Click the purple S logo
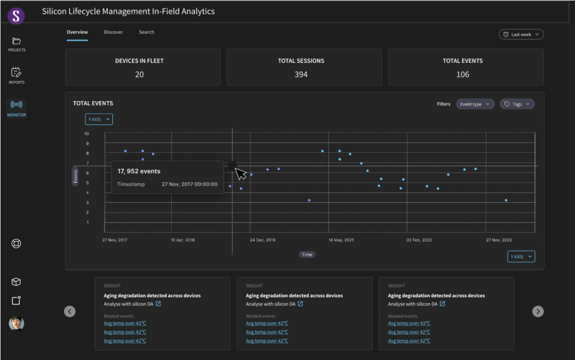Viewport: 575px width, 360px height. pos(16,15)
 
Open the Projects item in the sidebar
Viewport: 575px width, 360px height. pos(16,44)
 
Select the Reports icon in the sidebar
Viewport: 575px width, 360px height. pos(16,75)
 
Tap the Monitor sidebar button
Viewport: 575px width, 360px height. pos(16,108)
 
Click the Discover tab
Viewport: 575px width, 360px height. pos(113,32)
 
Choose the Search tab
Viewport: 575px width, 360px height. pos(147,32)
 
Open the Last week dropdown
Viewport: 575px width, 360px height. pos(521,34)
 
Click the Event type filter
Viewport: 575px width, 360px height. pos(475,104)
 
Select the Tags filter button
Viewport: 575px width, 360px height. pos(517,104)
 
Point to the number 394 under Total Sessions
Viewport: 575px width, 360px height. pos(301,75)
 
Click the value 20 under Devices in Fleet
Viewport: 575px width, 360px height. pos(139,75)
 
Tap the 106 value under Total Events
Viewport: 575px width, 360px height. pos(463,75)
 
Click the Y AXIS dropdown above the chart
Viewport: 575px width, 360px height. pos(99,119)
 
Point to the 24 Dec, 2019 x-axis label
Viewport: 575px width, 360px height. pos(263,240)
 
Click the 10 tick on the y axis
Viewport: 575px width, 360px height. pos(86,134)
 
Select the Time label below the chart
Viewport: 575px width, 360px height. pos(307,254)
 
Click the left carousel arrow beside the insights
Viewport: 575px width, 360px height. pos(70,311)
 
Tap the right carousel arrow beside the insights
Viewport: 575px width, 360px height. pos(537,311)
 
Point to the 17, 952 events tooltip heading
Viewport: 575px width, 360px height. pos(139,171)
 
